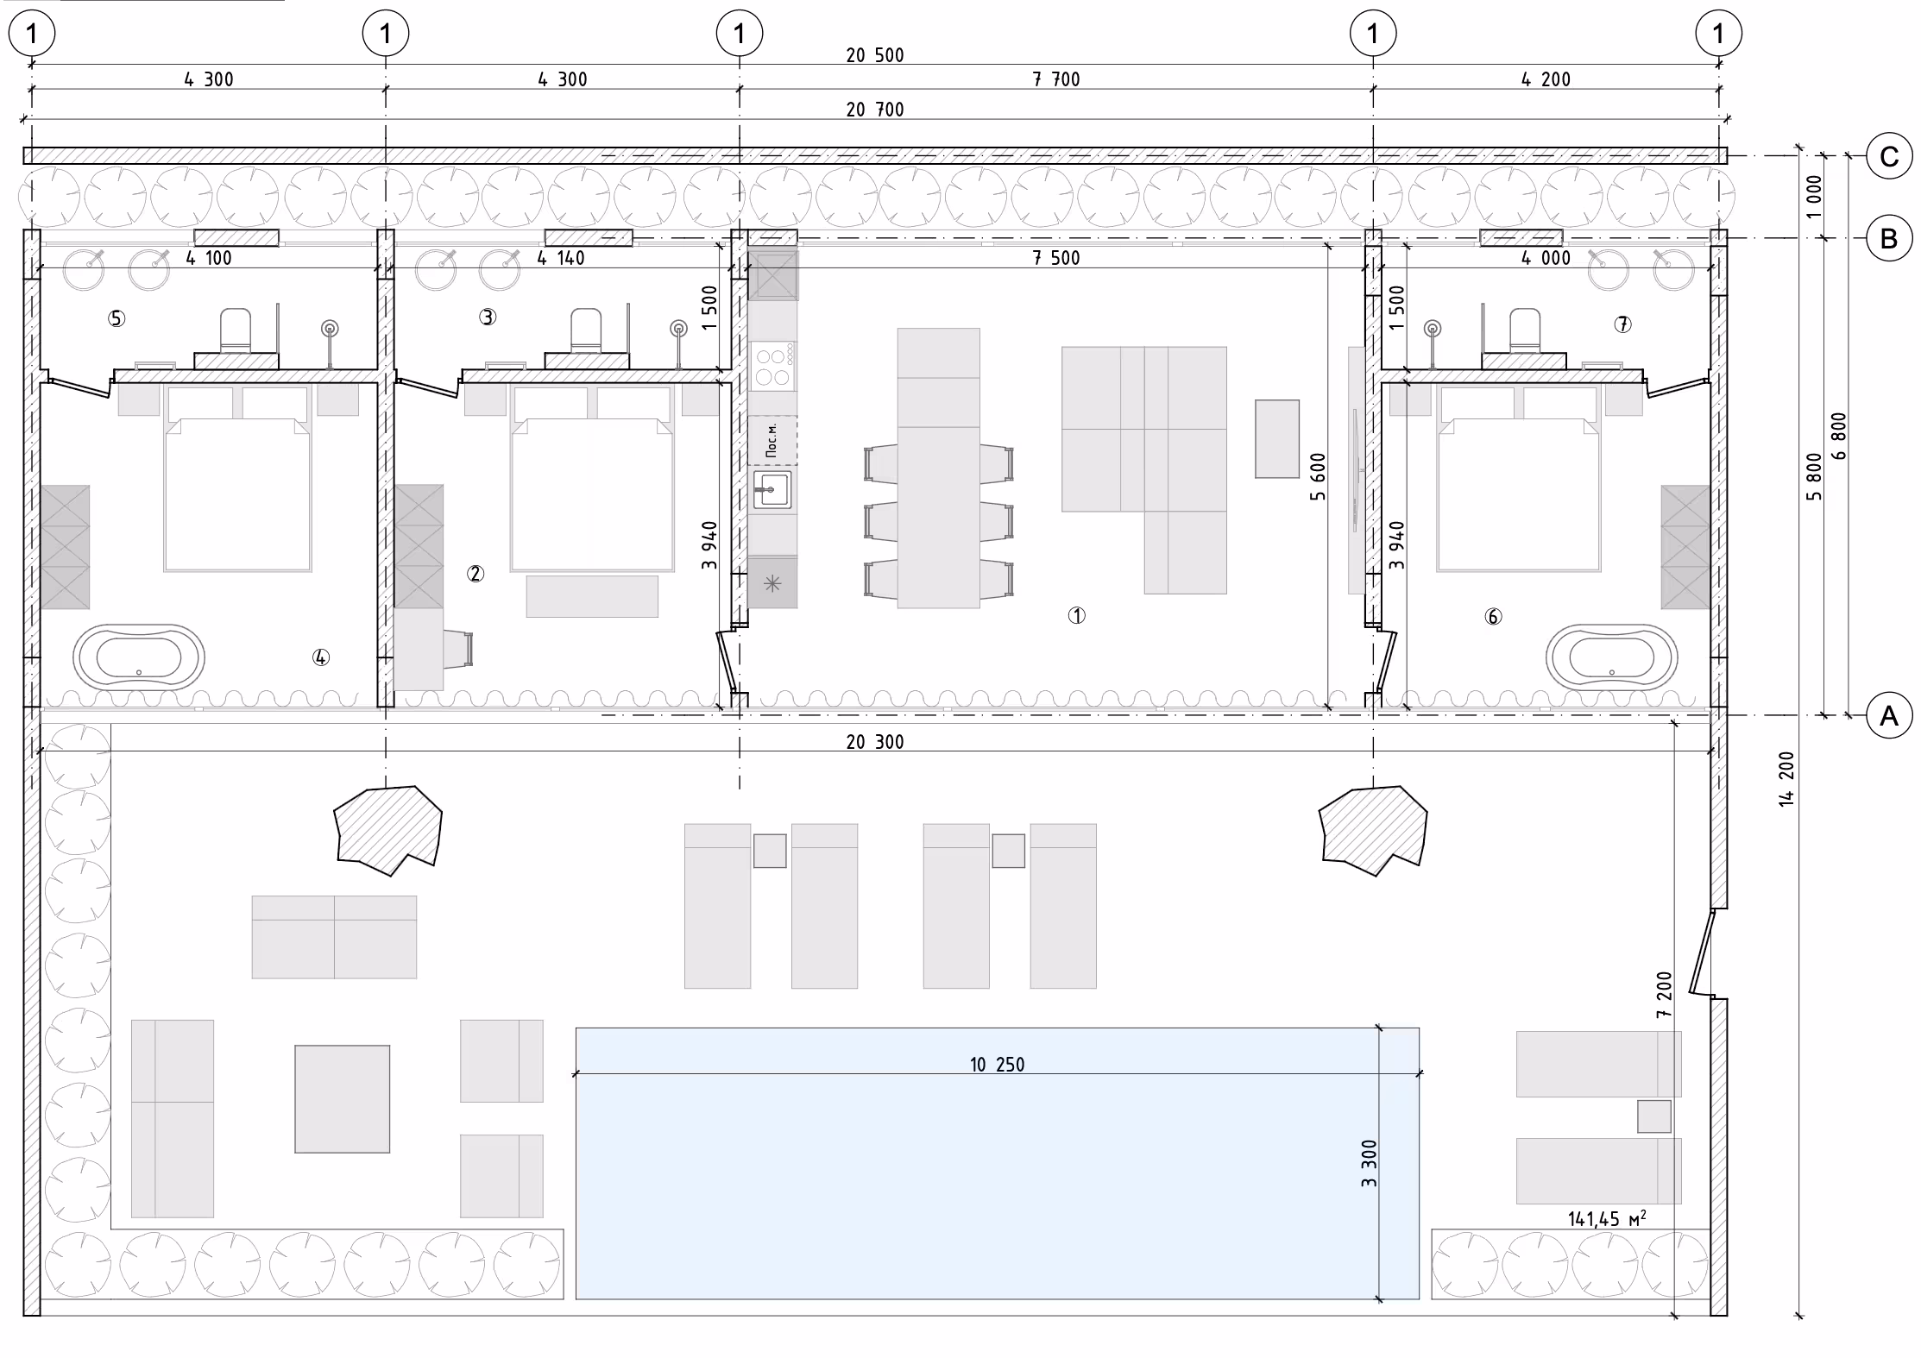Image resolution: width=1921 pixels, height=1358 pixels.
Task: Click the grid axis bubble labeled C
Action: [x=1888, y=156]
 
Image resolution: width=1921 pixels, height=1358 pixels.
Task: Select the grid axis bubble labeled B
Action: [x=1888, y=238]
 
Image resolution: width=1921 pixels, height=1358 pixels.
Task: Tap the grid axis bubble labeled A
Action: [x=1888, y=715]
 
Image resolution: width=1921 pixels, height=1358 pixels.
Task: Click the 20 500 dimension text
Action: [x=875, y=55]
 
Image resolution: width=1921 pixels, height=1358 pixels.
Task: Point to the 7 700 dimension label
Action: [x=1056, y=79]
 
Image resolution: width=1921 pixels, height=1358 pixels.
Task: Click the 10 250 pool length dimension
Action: [x=998, y=1064]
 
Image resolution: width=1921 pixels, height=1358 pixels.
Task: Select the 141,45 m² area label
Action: [x=1606, y=1218]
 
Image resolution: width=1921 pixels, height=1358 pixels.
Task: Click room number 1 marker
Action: [x=1076, y=615]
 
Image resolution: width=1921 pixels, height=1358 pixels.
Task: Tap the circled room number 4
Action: [x=320, y=657]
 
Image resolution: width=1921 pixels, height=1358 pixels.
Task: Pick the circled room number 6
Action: [x=1493, y=616]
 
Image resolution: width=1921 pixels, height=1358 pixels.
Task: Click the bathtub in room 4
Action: [x=139, y=657]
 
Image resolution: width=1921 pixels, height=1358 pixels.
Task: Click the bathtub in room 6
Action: [x=1611, y=657]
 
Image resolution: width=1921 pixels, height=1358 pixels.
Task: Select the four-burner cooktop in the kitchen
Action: [x=772, y=366]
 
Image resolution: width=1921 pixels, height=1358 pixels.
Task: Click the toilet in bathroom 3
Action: [x=586, y=331]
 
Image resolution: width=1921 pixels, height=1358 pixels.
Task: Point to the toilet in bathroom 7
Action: [x=1524, y=331]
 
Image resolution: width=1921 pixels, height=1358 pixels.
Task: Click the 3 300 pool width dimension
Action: [x=1369, y=1163]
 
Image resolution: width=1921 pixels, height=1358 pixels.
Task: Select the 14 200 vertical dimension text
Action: [x=1786, y=779]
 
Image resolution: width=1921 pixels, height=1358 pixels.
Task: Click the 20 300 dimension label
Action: [x=875, y=742]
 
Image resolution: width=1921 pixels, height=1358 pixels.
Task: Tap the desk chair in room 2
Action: [x=458, y=649]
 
